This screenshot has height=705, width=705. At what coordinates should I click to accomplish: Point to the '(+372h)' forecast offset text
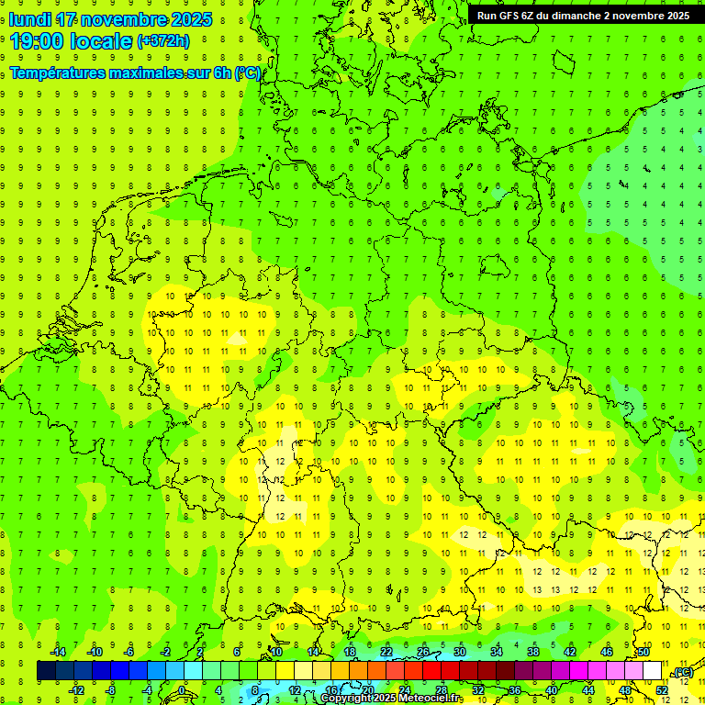click(x=162, y=41)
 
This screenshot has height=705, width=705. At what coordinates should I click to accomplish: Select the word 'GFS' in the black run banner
click(x=511, y=16)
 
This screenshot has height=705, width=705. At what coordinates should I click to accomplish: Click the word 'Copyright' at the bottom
click(x=346, y=699)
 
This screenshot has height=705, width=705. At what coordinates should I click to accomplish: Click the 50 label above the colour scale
click(x=643, y=652)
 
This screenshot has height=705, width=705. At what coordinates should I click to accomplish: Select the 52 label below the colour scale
click(x=662, y=690)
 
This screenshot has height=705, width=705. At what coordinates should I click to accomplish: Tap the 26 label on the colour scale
click(x=423, y=652)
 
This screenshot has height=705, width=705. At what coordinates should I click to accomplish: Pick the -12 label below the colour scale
click(x=77, y=690)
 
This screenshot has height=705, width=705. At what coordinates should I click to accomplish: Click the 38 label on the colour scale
click(x=533, y=652)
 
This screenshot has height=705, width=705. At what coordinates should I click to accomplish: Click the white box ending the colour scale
click(x=653, y=671)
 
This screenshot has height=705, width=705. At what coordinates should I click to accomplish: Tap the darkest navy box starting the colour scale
click(x=46, y=671)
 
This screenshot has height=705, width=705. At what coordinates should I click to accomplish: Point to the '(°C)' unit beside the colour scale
click(x=683, y=672)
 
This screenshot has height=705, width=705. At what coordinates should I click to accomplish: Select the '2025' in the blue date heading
click(x=192, y=19)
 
